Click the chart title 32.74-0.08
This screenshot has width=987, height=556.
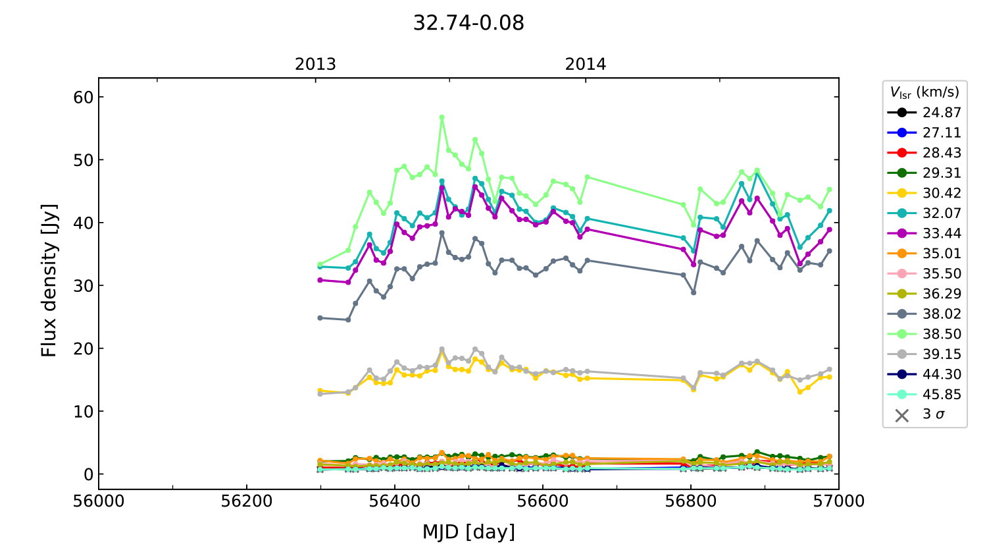(x=468, y=23)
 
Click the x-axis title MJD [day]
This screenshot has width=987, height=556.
(x=468, y=532)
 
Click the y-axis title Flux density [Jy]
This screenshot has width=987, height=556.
(x=49, y=281)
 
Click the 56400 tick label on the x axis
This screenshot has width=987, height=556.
(x=395, y=501)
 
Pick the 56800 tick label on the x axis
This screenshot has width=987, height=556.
(x=691, y=501)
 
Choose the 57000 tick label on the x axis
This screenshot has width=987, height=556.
(x=838, y=501)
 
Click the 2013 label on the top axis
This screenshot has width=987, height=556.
(x=315, y=65)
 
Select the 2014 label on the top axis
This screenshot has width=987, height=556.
(x=586, y=65)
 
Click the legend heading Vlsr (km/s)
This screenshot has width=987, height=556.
(x=924, y=92)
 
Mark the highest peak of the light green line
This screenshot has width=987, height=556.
(x=442, y=117)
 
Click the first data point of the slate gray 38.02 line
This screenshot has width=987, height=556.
(x=320, y=318)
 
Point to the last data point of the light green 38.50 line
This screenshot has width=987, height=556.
(x=829, y=189)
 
